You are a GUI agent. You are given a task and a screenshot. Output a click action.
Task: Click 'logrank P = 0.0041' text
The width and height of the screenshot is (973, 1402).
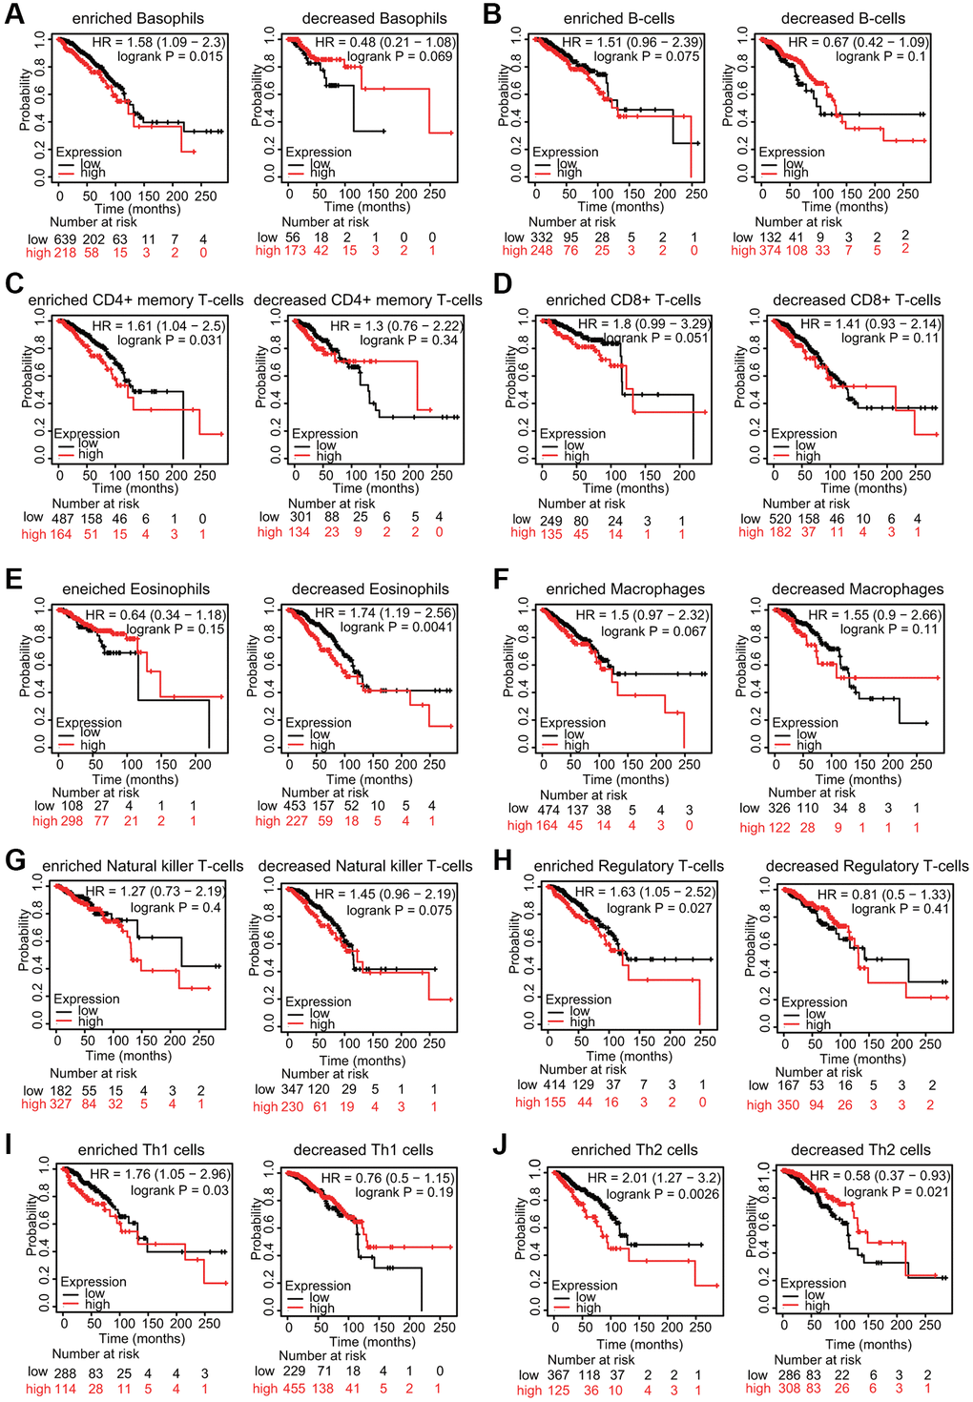point(398,628)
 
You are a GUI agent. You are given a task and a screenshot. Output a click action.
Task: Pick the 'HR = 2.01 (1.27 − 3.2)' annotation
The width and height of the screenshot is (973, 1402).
point(654,1178)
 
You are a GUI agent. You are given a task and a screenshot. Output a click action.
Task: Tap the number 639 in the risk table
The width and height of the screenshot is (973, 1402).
point(64,238)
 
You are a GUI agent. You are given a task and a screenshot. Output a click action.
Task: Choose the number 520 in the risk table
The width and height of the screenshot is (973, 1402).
point(779,519)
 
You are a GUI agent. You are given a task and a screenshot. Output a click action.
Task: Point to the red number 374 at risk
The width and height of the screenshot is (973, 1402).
point(769,251)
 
